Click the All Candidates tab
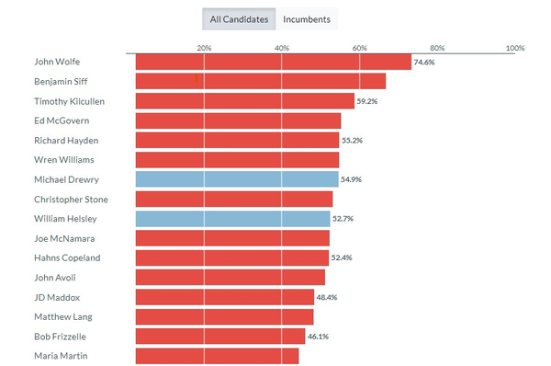pyautogui.click(x=239, y=19)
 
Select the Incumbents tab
pyautogui.click(x=308, y=19)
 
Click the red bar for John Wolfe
pyautogui.click(x=273, y=62)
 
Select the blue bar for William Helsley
pyautogui.click(x=232, y=219)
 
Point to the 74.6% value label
pyautogui.click(x=424, y=63)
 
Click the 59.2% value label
pyautogui.click(x=367, y=101)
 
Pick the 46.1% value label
pyautogui.click(x=318, y=337)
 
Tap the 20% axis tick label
pyautogui.click(x=204, y=48)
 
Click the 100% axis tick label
pyautogui.click(x=514, y=48)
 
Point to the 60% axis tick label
pyautogui.click(x=359, y=48)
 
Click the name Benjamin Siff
pyautogui.click(x=61, y=82)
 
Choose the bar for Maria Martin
pyautogui.click(x=217, y=356)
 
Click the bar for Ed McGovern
pyautogui.click(x=238, y=120)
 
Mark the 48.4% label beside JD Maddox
pyautogui.click(x=327, y=297)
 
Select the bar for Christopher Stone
pyautogui.click(x=233, y=199)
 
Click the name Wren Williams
pyautogui.click(x=62, y=160)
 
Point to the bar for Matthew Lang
pyautogui.click(x=224, y=316)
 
